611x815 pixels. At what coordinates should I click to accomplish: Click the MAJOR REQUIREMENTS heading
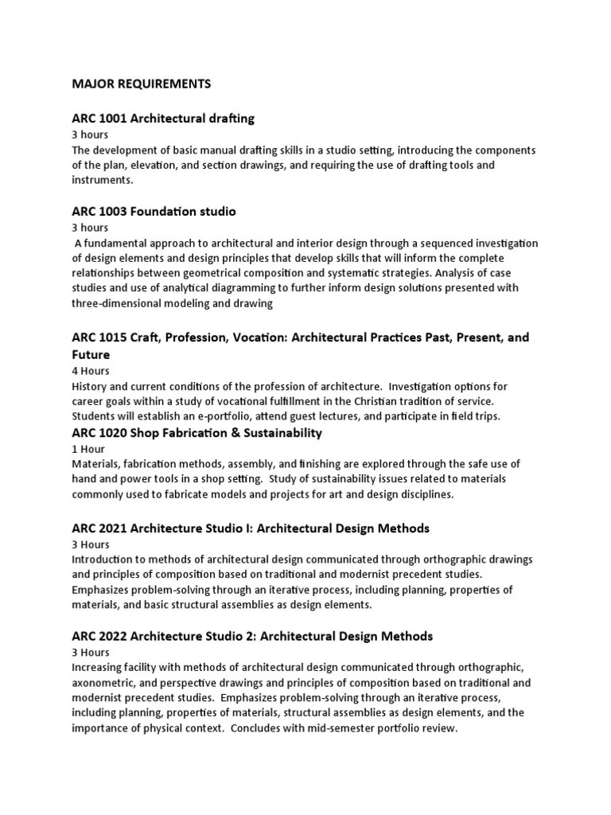pyautogui.click(x=141, y=83)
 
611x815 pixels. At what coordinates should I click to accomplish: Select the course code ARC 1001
pyautogui.click(x=99, y=119)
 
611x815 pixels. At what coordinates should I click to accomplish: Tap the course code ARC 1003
pyautogui.click(x=99, y=212)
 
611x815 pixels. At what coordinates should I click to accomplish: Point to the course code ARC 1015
pyautogui.click(x=99, y=337)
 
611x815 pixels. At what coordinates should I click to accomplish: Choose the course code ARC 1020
pyautogui.click(x=99, y=433)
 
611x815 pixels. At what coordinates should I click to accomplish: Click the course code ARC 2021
pyautogui.click(x=99, y=528)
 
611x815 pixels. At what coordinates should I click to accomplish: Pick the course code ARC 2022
pyautogui.click(x=99, y=636)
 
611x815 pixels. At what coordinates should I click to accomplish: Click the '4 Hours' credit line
pyautogui.click(x=91, y=371)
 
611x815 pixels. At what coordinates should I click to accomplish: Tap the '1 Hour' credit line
pyautogui.click(x=88, y=449)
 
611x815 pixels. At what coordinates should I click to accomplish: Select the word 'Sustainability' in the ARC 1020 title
pyautogui.click(x=282, y=433)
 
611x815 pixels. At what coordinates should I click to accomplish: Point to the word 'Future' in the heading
pyautogui.click(x=91, y=355)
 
